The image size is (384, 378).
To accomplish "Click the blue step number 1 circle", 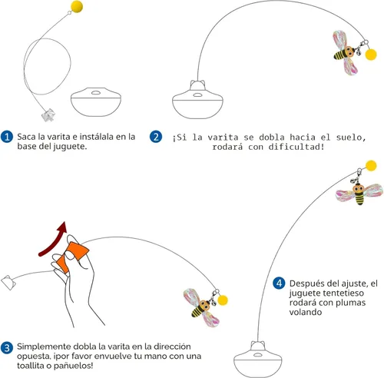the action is pos(7,137).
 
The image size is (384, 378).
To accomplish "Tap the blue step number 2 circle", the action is pos(156,137).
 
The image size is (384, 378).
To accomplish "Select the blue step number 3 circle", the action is pos(7,348).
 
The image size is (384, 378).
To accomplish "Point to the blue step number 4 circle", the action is pos(279,283).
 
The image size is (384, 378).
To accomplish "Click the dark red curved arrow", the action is pos(52,240).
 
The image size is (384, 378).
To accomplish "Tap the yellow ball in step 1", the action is pos(77,6).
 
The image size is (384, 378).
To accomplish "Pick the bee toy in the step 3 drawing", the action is pos(202,307).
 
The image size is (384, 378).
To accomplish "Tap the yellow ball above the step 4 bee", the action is pos(371,166).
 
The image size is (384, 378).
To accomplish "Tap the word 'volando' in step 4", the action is pos(306,312).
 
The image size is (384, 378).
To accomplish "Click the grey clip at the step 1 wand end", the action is pos(48,115).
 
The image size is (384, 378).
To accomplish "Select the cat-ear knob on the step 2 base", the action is pos(197,85).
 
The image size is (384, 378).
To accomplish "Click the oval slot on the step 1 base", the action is pos(96,92).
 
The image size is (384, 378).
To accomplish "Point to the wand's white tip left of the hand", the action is pos(8,283).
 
